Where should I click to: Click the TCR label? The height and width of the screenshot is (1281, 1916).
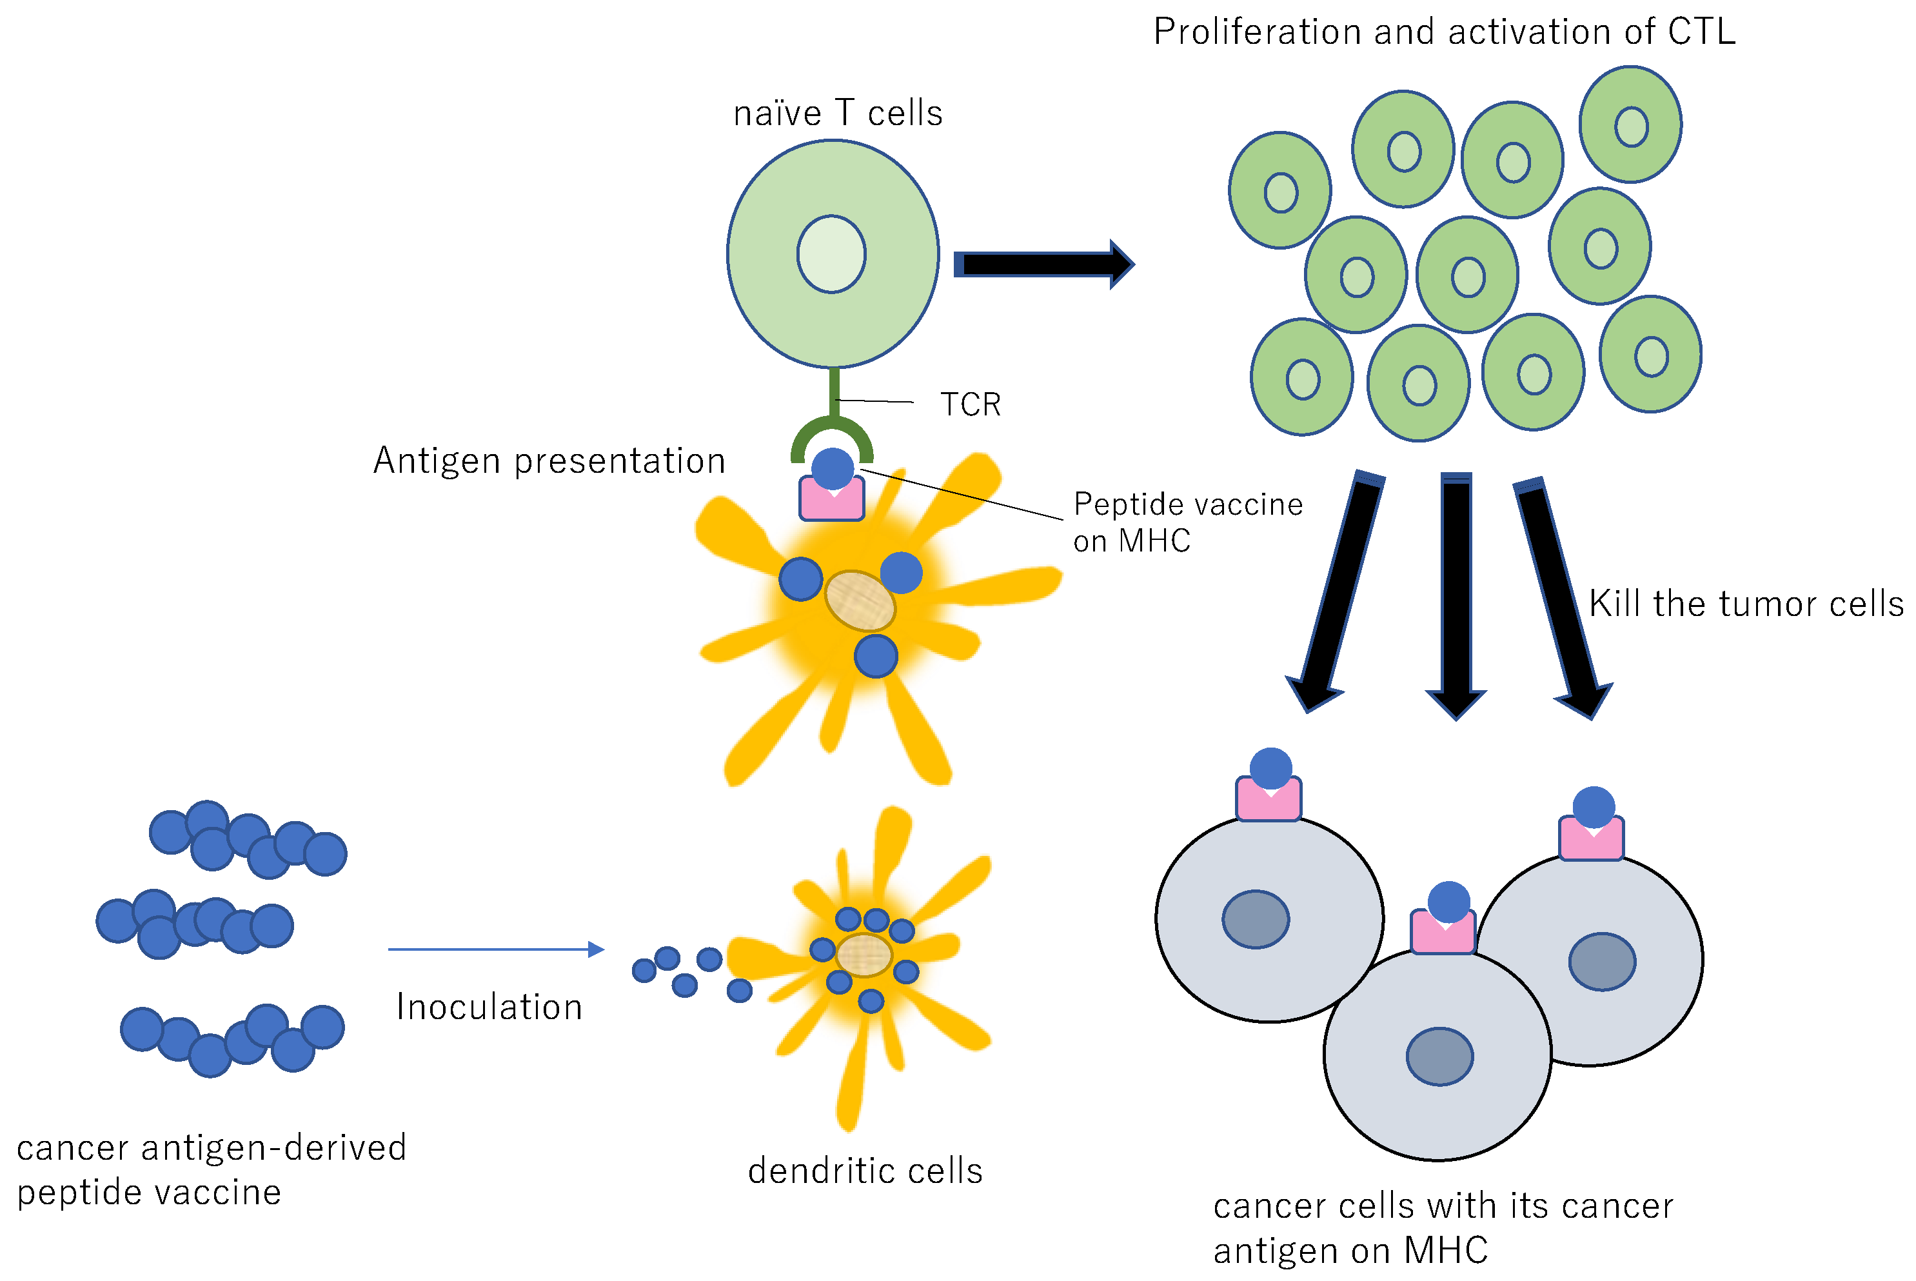coord(970,404)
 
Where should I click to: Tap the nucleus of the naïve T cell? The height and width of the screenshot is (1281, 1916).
coord(831,254)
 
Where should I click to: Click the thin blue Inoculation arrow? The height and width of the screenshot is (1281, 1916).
coord(497,949)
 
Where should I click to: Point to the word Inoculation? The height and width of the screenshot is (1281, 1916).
coord(489,1006)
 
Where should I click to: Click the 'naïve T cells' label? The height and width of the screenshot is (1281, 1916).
coord(838,113)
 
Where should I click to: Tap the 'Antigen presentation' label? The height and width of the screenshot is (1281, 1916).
coord(549,461)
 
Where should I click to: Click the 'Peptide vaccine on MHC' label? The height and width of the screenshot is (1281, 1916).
coord(1187,522)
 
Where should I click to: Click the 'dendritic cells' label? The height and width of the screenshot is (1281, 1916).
coord(865,1171)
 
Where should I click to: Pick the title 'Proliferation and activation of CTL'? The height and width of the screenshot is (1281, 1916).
coord(1444,32)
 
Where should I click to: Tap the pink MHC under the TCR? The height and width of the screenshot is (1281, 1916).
coord(832,499)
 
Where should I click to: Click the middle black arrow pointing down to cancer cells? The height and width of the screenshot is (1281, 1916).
coord(1456,597)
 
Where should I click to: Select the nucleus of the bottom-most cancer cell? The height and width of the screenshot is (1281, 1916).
coord(1440,1057)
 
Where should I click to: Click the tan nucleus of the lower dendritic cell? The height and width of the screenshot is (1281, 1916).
coord(864,955)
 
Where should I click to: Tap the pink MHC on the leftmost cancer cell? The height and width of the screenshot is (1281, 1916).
coord(1269,798)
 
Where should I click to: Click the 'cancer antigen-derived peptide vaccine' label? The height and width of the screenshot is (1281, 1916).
coord(212,1169)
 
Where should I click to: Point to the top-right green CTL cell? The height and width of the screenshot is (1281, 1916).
coord(1630,124)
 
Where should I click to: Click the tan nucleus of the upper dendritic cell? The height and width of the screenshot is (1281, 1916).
coord(860,601)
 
